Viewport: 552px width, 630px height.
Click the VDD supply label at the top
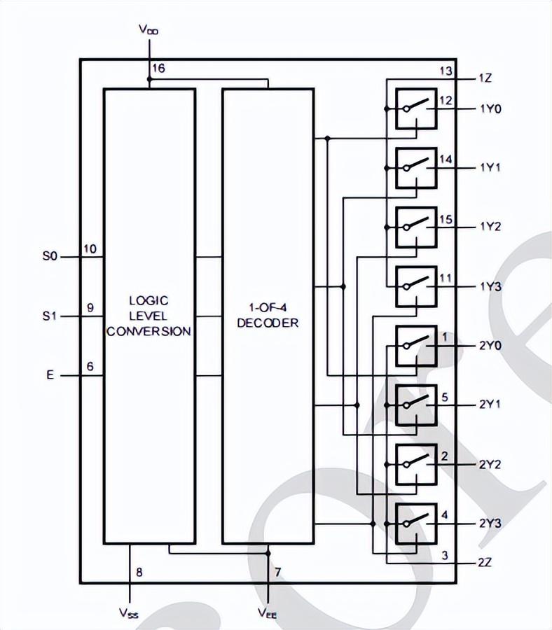[149, 29]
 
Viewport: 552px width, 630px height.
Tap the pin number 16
[159, 69]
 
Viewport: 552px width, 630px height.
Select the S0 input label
[50, 256]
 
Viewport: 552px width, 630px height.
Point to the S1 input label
[50, 316]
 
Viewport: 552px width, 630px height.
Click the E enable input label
[50, 375]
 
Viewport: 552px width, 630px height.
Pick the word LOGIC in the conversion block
[149, 300]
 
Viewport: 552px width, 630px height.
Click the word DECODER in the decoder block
[268, 323]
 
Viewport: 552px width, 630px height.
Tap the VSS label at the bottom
[129, 612]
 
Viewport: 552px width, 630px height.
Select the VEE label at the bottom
[268, 612]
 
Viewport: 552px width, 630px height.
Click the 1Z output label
[485, 78]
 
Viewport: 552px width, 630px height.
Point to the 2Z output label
[485, 562]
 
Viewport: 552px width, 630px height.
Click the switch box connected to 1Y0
[416, 109]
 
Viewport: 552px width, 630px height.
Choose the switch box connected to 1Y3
[416, 287]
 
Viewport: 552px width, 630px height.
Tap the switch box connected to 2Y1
[416, 405]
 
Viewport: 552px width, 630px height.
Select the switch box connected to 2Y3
[416, 524]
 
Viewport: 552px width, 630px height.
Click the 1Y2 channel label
[490, 227]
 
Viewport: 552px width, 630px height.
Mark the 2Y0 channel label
[490, 346]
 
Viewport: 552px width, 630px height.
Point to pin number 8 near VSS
[139, 572]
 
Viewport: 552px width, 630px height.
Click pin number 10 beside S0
[90, 249]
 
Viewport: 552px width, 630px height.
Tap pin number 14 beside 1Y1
[446, 160]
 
